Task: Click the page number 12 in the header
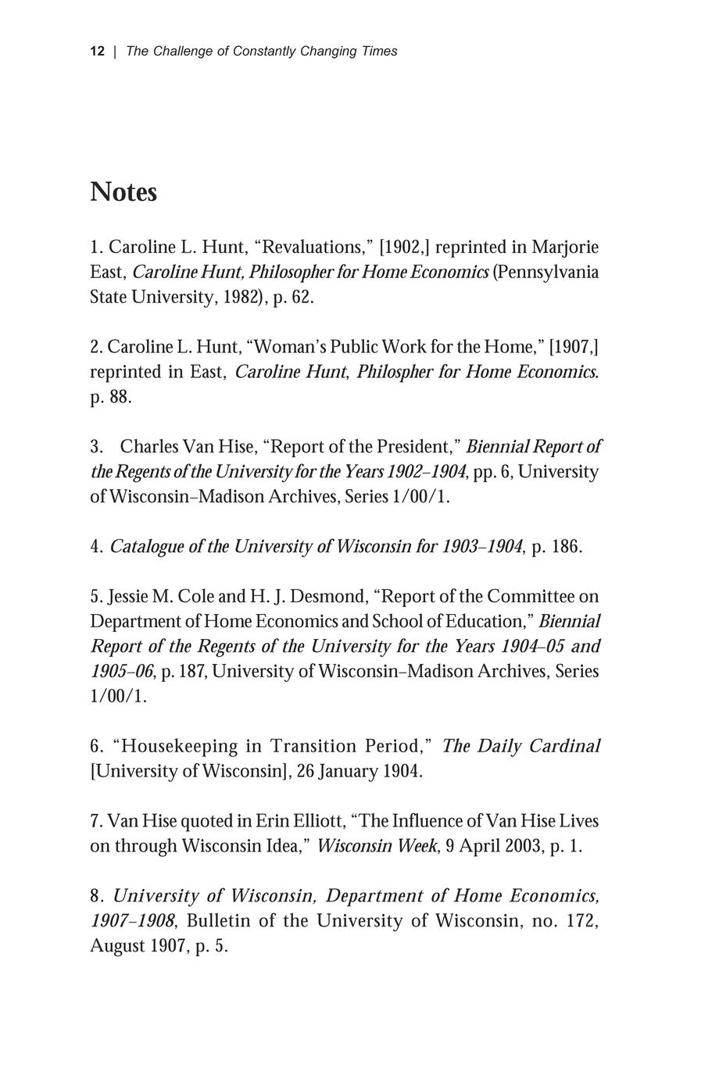coord(97,52)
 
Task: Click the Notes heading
coord(123,192)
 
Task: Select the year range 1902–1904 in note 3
coord(422,472)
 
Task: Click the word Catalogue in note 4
coord(146,547)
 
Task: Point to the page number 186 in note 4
coord(567,547)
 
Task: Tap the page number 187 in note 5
coord(191,672)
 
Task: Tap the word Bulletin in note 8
coord(219,921)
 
